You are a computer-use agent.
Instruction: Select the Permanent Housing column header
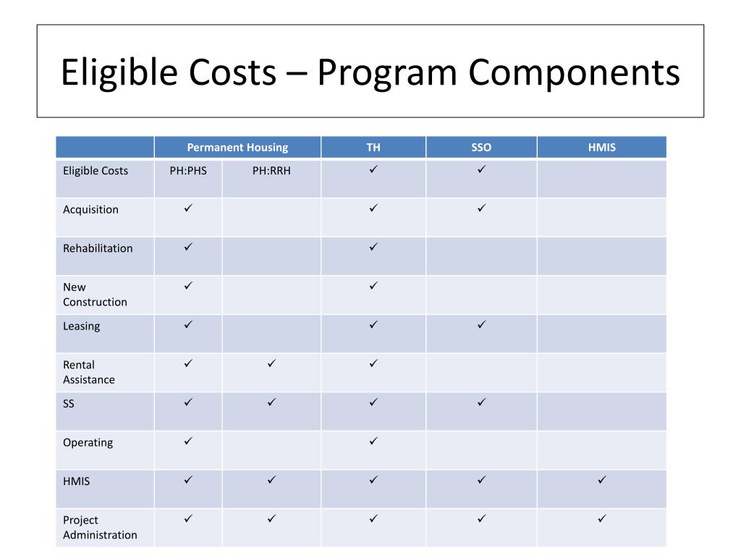click(237, 148)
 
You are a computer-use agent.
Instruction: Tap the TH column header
click(373, 148)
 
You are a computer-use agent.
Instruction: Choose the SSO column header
click(481, 148)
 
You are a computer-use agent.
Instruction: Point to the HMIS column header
click(602, 148)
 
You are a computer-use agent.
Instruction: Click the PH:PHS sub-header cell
click(188, 171)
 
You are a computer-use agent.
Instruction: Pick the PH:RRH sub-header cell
click(271, 171)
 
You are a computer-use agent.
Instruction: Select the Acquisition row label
click(90, 210)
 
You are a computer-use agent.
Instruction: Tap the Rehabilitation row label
click(98, 248)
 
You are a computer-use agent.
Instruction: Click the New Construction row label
click(95, 295)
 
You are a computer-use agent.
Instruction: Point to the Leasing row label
click(81, 327)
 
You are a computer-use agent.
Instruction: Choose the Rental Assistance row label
click(88, 372)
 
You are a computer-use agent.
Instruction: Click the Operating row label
click(88, 443)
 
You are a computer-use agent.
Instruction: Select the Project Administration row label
click(99, 528)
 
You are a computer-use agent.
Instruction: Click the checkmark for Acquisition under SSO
click(481, 208)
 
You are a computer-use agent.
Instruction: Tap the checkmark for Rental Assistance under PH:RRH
click(271, 363)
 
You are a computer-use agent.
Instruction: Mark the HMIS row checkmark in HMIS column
click(602, 480)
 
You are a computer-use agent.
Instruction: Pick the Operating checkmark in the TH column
click(373, 441)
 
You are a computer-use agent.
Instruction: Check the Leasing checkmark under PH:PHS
click(188, 324)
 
